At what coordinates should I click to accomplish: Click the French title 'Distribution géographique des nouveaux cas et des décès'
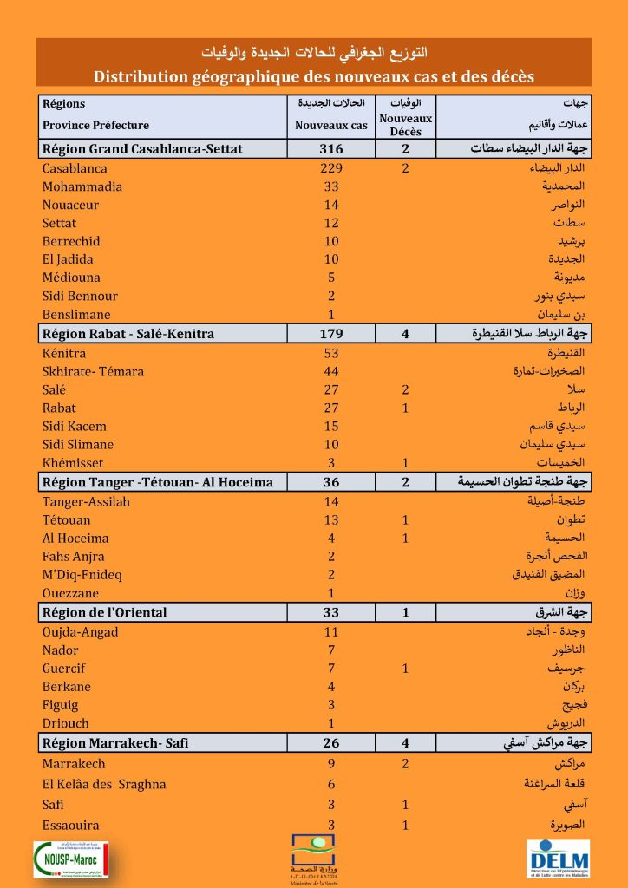click(314, 76)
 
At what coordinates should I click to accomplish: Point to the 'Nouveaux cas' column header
click(331, 125)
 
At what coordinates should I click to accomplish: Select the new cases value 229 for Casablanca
click(331, 168)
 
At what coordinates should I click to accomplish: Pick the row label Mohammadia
click(82, 186)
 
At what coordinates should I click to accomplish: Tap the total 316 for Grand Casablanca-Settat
click(331, 149)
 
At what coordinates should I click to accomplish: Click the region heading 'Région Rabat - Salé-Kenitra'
click(128, 334)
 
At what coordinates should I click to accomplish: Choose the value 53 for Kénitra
click(331, 353)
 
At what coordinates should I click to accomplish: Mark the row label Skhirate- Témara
click(93, 371)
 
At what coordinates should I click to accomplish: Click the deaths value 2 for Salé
click(405, 390)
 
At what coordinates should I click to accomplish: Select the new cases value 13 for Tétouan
click(331, 520)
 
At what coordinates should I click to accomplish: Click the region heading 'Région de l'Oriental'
click(105, 613)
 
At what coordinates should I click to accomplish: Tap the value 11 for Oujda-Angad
click(331, 632)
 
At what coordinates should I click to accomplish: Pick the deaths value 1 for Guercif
click(405, 669)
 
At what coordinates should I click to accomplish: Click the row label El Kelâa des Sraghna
click(104, 784)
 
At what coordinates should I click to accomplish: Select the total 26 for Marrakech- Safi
click(331, 743)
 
